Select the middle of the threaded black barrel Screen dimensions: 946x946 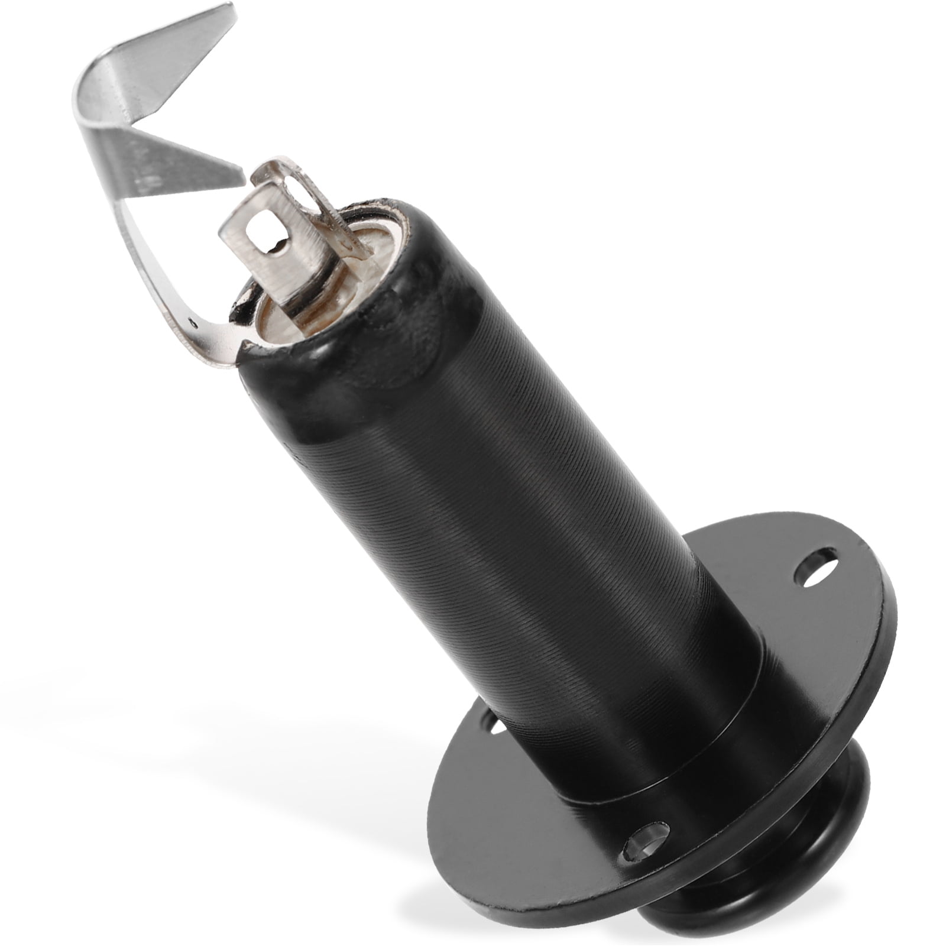click(x=520, y=532)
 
